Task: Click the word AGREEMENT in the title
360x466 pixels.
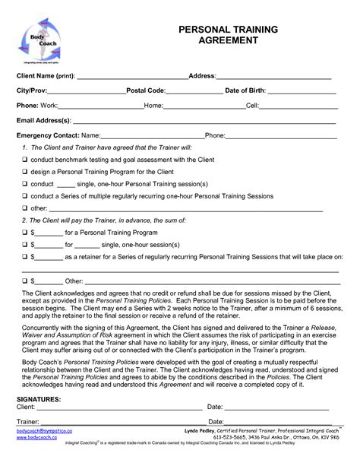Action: pos(228,41)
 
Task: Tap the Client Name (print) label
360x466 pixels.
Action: pos(46,77)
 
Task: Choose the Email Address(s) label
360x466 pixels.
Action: pos(44,120)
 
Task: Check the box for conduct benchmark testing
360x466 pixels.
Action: pos(25,160)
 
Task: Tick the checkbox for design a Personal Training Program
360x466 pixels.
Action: pos(25,172)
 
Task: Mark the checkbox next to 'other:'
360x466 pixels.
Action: pos(25,208)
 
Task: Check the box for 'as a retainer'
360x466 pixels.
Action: pos(25,257)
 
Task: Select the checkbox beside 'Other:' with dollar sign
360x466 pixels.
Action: pos(25,281)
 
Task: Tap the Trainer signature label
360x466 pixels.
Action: pos(28,421)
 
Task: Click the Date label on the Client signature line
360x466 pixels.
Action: pos(215,407)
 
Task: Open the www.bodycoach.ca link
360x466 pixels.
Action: pos(37,438)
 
